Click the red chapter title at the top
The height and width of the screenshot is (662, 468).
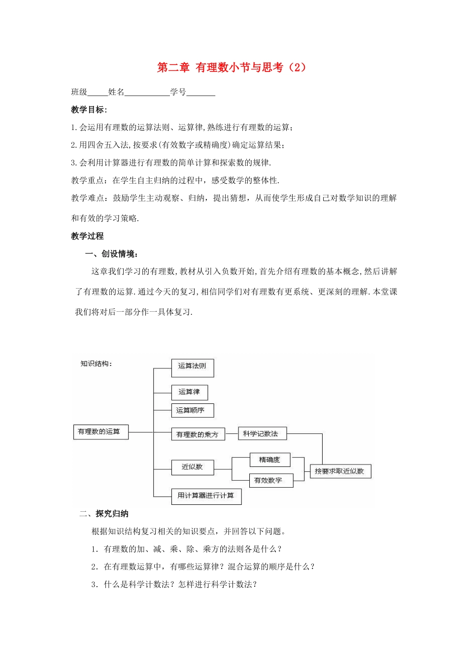232,67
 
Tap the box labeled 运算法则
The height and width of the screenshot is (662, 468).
192,367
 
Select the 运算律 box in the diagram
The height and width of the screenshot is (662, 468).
189,392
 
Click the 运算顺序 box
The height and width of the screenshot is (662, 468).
192,410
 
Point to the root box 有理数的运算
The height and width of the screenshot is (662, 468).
100,432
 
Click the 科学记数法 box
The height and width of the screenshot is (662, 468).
262,433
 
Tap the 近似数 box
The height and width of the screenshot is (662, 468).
192,467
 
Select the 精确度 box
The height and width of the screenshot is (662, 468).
269,460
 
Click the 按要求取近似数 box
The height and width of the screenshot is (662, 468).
340,471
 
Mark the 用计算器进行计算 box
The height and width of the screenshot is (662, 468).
206,496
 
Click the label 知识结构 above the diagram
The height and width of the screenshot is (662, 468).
96,364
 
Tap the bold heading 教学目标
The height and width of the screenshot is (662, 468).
89,110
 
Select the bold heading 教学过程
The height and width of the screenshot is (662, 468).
87,236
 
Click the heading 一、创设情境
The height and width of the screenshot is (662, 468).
112,254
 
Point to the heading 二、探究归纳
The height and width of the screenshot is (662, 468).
104,514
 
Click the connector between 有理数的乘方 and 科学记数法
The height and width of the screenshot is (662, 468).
231,433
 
